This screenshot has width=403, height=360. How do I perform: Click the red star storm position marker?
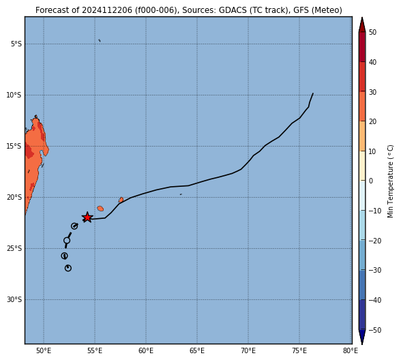coord(87,217)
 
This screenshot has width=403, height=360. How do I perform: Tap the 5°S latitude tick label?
coord(16,44)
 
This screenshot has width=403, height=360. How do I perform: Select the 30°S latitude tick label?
coord(14,299)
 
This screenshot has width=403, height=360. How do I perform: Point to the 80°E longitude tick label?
coord(350,350)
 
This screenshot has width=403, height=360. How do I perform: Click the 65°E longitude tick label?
coord(197,350)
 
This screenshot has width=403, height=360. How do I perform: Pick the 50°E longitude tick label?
coord(44,350)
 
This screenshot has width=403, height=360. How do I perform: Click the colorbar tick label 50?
coord(372,32)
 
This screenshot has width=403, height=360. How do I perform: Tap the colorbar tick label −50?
coord(375,330)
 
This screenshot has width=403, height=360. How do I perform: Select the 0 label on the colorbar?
coord(371,181)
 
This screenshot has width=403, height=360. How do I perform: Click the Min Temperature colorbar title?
coord(390,181)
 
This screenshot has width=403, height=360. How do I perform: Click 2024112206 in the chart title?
coord(107,10)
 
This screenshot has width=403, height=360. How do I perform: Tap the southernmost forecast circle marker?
coord(68,268)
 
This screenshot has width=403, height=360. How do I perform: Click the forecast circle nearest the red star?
coord(74,226)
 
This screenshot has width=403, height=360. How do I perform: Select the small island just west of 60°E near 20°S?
coord(121,200)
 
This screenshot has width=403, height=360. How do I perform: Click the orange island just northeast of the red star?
coord(100,209)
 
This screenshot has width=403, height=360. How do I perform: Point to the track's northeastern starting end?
coord(313,93)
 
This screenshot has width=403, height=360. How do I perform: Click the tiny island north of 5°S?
coord(100,40)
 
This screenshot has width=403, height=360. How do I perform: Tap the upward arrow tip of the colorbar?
coord(362,18)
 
